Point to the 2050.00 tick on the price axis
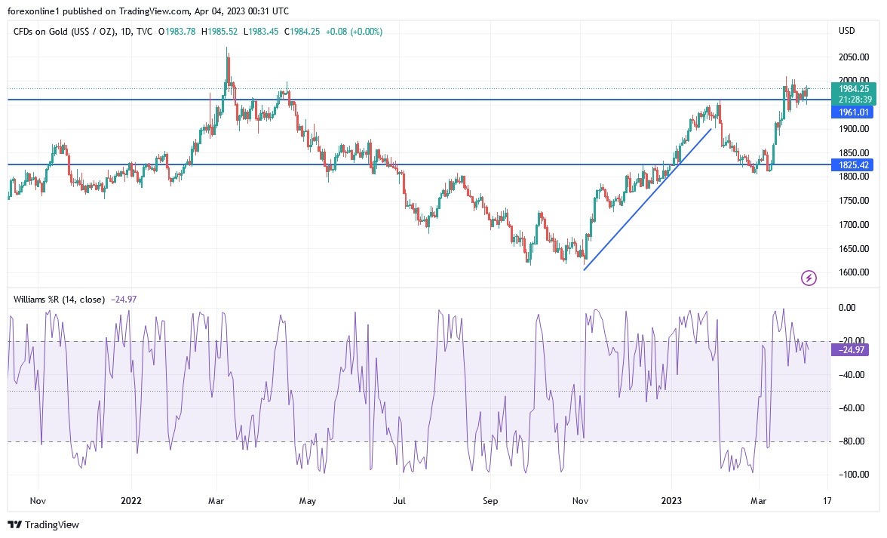point(853,57)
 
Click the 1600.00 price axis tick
point(853,272)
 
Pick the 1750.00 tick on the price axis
point(853,201)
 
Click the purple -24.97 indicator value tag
point(851,349)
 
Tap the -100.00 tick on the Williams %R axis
point(851,475)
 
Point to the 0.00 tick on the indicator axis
point(848,308)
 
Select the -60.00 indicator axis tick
point(851,408)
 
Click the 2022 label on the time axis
point(131,500)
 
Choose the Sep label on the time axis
point(491,500)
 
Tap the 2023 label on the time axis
point(671,500)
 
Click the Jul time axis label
point(400,500)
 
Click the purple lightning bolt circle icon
point(809,278)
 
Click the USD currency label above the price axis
point(846,31)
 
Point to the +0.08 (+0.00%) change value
point(354,31)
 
